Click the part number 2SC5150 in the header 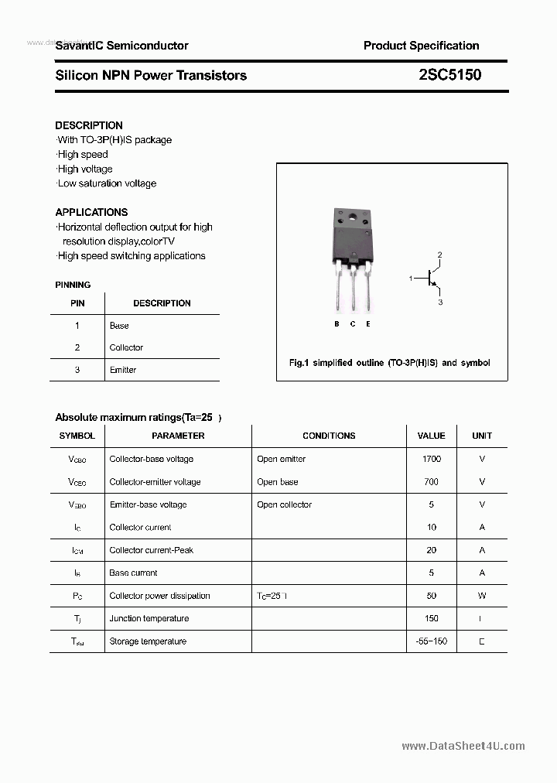[449, 75]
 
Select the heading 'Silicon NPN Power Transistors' [151, 75]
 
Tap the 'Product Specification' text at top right [421, 46]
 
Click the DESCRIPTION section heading [89, 125]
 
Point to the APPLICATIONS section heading [91, 212]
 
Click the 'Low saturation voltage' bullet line [107, 183]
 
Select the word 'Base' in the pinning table [119, 326]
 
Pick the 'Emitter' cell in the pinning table [123, 370]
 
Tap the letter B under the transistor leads [337, 324]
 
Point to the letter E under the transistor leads [368, 324]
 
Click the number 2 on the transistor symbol [439, 255]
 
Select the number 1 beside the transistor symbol [411, 278]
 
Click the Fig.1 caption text [389, 362]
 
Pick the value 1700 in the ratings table [431, 459]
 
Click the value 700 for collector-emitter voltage [431, 481]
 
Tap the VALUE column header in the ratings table [431, 436]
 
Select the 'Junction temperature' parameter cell [149, 618]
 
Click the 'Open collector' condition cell [284, 504]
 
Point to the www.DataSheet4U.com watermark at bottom [463, 746]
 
